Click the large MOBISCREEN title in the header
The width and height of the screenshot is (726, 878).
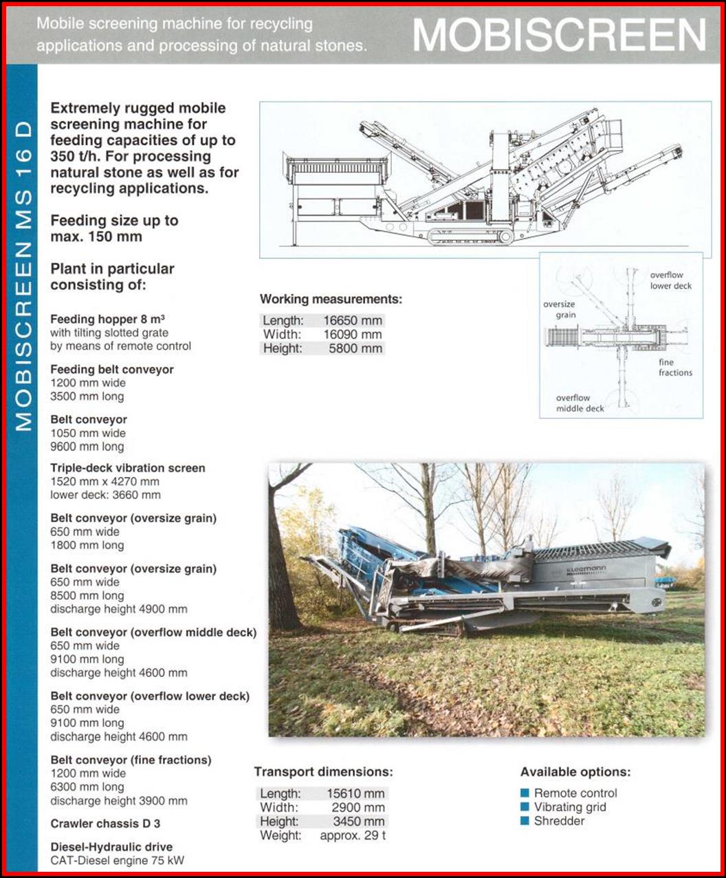[560, 34]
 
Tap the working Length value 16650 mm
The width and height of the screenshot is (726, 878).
[353, 321]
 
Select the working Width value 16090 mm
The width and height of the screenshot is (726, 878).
[353, 334]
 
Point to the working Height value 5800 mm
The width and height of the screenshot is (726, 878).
[356, 348]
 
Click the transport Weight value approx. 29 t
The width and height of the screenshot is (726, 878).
[353, 835]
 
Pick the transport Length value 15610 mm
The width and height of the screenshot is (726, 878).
[355, 793]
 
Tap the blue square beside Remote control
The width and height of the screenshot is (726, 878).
[525, 793]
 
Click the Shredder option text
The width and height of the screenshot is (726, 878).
[559, 821]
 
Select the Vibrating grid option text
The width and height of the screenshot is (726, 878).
[570, 807]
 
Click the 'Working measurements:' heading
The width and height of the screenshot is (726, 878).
[331, 299]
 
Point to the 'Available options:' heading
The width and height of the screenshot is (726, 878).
[575, 772]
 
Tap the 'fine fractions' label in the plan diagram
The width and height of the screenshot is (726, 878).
[674, 367]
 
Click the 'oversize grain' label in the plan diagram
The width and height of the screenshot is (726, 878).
[559, 310]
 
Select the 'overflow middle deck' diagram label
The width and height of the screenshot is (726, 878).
[580, 403]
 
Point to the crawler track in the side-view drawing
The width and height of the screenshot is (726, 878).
[471, 237]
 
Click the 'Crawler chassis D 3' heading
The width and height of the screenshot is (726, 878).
[105, 824]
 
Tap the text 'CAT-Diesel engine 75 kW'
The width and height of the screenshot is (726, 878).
[117, 860]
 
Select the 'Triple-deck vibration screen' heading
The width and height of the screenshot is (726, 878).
[128, 468]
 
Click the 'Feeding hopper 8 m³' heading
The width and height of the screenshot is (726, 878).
[107, 319]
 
